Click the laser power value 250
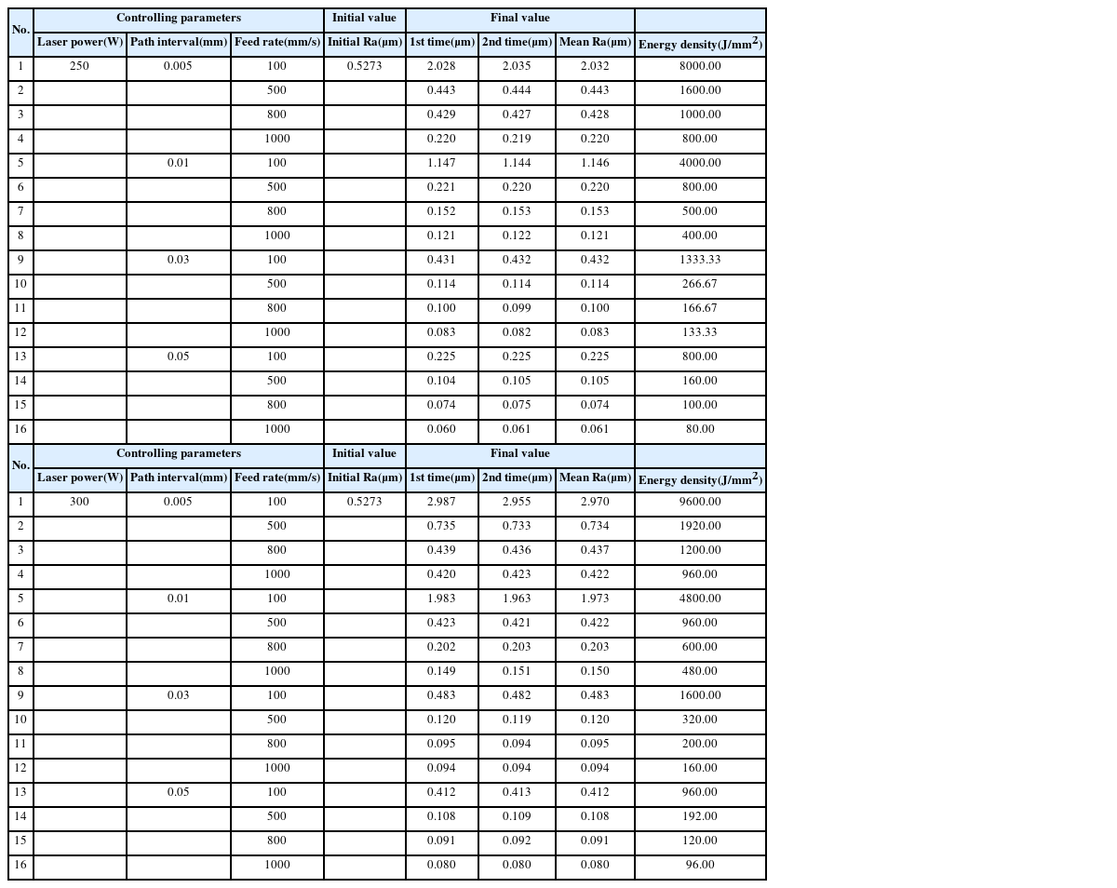click(80, 66)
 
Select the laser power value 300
click(80, 502)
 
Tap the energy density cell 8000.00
click(700, 66)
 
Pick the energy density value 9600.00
click(700, 502)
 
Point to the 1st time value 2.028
click(441, 66)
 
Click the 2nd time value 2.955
click(517, 502)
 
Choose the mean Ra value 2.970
click(595, 502)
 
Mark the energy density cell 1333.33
click(700, 260)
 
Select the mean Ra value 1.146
click(595, 163)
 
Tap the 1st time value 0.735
click(441, 526)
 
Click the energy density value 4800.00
click(700, 599)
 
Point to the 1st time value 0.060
click(441, 429)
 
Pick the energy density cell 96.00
click(700, 865)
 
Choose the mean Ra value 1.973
click(595, 599)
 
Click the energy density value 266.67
click(700, 284)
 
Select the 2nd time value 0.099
click(517, 308)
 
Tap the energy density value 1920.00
click(700, 526)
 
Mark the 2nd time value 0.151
click(517, 671)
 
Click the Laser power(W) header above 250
click(80, 42)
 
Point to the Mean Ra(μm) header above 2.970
click(595, 478)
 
